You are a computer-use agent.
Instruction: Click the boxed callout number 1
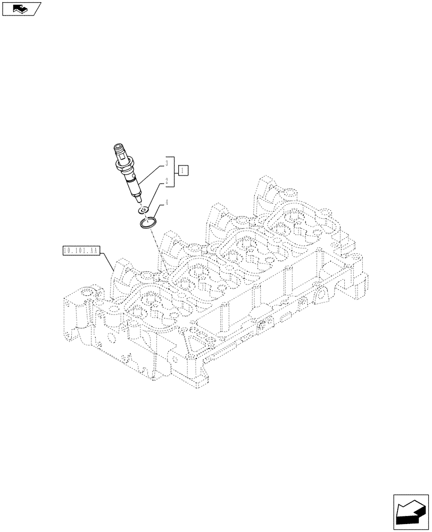(x=182, y=171)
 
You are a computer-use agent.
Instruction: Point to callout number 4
(x=167, y=202)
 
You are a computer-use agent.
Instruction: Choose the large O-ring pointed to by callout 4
(x=148, y=222)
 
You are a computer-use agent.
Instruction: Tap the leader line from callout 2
(x=157, y=195)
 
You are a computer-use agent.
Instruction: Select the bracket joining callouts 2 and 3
(x=172, y=171)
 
